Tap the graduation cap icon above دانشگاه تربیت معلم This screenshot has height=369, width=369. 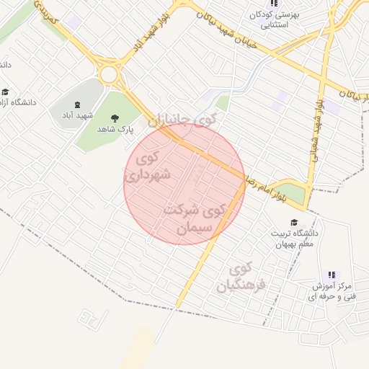point(293,222)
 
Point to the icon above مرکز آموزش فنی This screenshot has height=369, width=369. point(332,275)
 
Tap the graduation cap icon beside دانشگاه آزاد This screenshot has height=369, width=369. point(6,92)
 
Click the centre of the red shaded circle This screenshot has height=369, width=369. point(185,183)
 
